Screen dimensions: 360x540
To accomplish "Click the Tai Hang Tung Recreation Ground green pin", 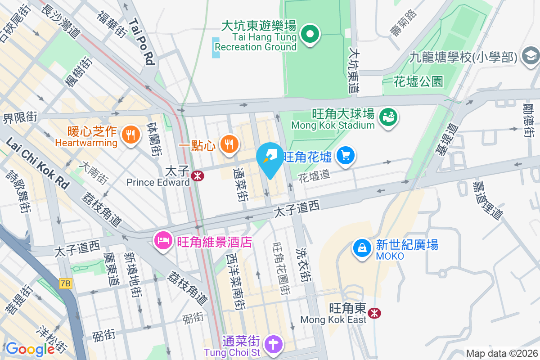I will pyautogui.click(x=310, y=34).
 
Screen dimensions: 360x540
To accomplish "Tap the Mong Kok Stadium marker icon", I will pyautogui.click(x=387, y=117).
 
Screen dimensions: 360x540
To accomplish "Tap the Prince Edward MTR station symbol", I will pyautogui.click(x=197, y=176).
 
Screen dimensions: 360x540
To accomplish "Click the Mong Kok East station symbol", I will pyautogui.click(x=373, y=313).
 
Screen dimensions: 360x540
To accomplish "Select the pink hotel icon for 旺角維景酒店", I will pyautogui.click(x=162, y=239).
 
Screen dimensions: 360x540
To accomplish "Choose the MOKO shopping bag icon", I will pyautogui.click(x=362, y=247).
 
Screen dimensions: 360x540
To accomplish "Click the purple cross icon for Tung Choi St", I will pyautogui.click(x=274, y=344).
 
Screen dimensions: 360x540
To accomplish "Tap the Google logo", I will pyautogui.click(x=30, y=349).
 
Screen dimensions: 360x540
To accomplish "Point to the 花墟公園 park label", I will pyautogui.click(x=418, y=81).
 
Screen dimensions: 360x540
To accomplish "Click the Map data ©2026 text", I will pyautogui.click(x=502, y=354).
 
